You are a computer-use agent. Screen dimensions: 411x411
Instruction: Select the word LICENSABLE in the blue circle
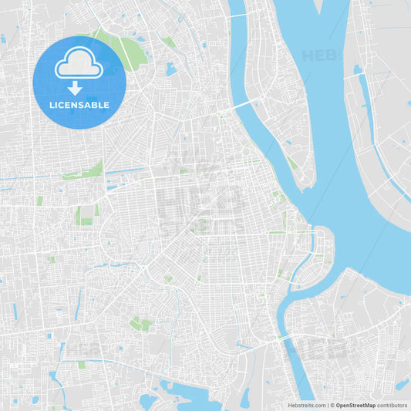tap(79, 105)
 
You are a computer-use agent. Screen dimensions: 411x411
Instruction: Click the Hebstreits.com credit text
tap(305, 405)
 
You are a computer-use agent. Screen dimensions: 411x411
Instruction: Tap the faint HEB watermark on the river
tap(319, 56)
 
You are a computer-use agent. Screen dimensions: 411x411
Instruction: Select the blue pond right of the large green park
tap(170, 69)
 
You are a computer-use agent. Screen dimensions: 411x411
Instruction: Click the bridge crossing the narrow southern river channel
tap(285, 337)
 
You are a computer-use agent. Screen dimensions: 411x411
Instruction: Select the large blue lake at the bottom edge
tap(185, 397)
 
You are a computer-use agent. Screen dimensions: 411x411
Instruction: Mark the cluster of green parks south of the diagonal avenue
tap(140, 324)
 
